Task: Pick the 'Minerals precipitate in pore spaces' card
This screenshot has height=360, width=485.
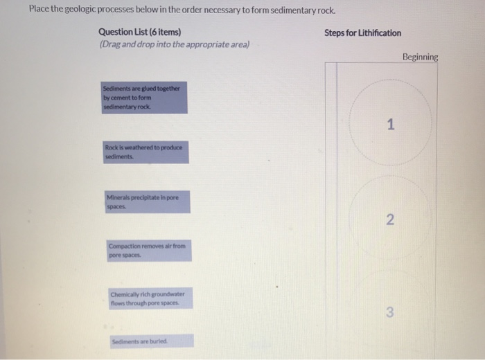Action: point(147,202)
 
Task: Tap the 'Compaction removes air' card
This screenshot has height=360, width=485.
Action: point(148,251)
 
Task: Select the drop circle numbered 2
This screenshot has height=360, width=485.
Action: point(390,220)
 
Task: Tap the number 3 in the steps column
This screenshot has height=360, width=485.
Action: point(390,313)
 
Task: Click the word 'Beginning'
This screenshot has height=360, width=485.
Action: point(420,57)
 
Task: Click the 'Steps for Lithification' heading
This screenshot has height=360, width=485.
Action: point(362,33)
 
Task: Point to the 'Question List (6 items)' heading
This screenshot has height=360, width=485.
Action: point(140,32)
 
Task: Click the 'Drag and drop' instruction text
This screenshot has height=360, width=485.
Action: point(174,44)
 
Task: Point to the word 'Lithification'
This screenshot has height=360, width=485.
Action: point(380,33)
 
